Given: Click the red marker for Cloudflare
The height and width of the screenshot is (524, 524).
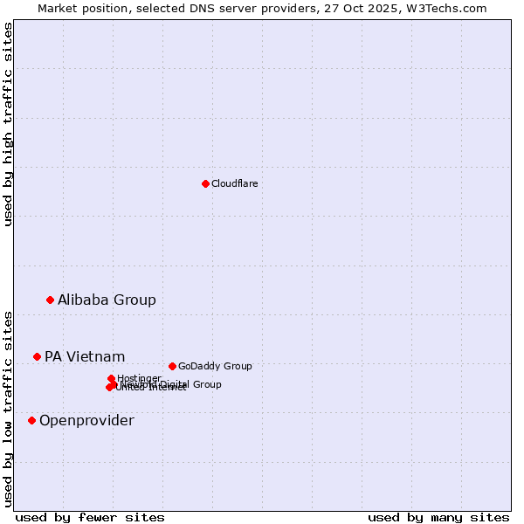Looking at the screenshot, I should point(205,183).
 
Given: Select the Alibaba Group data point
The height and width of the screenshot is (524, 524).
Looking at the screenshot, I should point(50,300).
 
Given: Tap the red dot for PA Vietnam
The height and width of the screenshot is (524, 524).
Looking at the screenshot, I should point(37,356).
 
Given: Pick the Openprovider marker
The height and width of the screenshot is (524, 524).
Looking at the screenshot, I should point(31,420).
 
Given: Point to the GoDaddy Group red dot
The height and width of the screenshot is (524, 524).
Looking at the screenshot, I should point(172,366).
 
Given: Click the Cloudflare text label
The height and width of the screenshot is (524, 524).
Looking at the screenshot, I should point(234,183).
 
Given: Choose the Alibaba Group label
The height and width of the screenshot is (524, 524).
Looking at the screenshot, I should point(107,300).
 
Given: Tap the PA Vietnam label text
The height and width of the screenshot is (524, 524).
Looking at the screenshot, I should point(85,356).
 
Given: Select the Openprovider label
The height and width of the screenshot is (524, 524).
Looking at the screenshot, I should point(86,421).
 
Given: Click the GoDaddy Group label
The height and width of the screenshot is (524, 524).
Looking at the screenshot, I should point(215,366).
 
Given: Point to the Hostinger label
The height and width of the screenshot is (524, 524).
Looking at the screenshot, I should point(139,378).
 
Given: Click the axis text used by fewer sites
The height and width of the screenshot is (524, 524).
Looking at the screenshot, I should point(90,517).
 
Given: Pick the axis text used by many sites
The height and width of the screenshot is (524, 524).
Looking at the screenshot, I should point(438,517).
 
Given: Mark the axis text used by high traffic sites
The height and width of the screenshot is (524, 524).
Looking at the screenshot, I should point(8,124).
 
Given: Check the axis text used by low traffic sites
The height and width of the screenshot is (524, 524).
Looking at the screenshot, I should point(8,408).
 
